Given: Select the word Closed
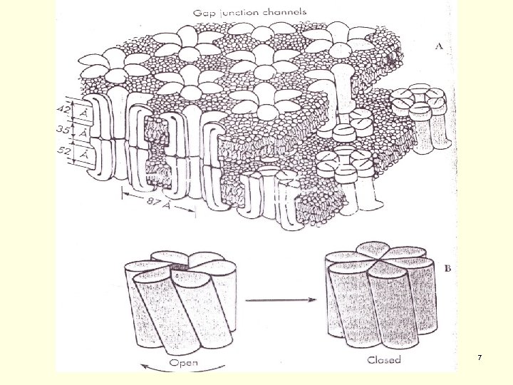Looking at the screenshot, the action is pyautogui.click(x=384, y=359).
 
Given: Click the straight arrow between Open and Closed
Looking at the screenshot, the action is pyautogui.click(x=282, y=299).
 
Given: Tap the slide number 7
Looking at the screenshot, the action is pyautogui.click(x=480, y=356).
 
